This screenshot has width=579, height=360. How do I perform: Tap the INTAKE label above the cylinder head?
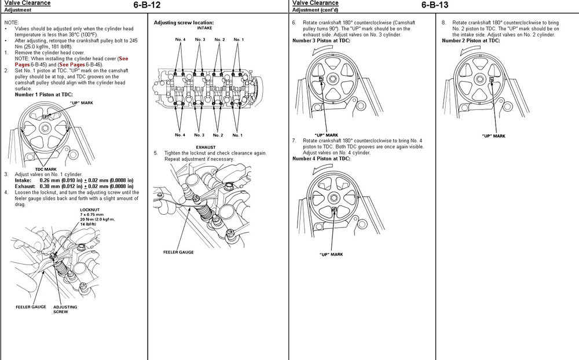[204, 27]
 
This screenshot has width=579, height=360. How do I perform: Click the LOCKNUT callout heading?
[90, 210]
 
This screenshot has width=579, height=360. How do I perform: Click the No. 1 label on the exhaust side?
[237, 135]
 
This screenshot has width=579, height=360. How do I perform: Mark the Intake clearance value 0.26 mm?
[52, 180]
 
